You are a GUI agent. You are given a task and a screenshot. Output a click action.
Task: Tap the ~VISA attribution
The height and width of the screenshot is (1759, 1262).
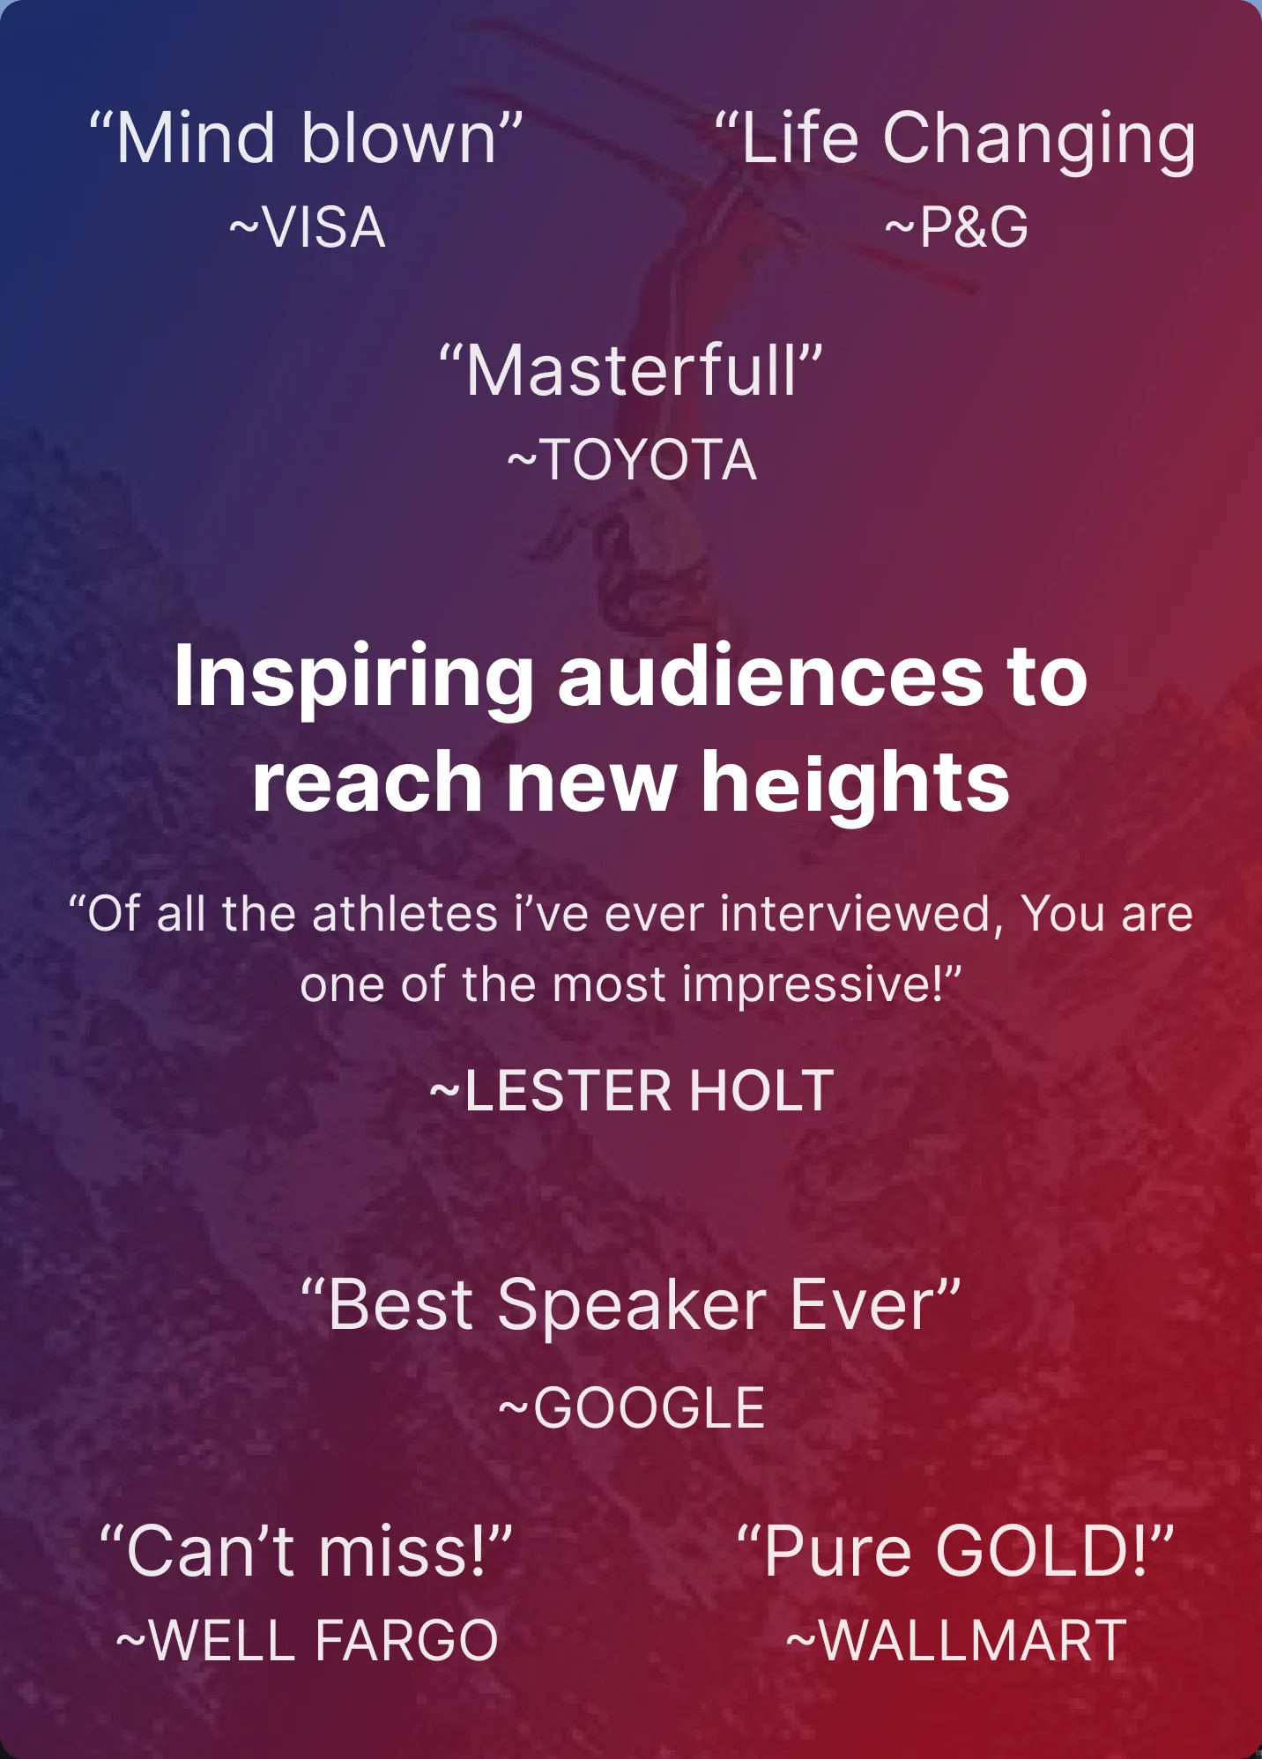click(x=307, y=227)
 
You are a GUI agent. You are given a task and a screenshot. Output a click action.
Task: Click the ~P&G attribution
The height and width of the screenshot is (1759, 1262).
click(x=956, y=227)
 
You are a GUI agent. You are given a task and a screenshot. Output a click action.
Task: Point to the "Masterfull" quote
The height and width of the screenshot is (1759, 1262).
click(x=631, y=370)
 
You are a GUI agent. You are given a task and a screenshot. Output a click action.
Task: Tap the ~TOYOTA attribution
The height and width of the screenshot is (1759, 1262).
click(x=632, y=460)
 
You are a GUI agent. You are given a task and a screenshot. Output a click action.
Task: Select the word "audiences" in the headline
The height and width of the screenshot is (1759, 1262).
click(x=771, y=677)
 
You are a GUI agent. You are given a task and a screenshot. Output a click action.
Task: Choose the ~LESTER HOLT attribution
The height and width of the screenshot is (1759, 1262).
click(x=632, y=1091)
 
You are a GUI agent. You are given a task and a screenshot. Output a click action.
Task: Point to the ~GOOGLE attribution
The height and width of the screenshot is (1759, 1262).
click(x=632, y=1407)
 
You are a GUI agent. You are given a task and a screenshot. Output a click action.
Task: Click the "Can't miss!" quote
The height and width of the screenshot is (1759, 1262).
click(x=306, y=1552)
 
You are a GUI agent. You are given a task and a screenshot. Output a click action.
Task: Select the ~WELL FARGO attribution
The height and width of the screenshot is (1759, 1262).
click(x=307, y=1640)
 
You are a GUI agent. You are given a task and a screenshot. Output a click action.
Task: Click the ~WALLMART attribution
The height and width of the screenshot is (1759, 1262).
click(x=956, y=1640)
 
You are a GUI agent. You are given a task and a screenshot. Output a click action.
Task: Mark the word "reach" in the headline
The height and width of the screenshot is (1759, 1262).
click(x=367, y=783)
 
